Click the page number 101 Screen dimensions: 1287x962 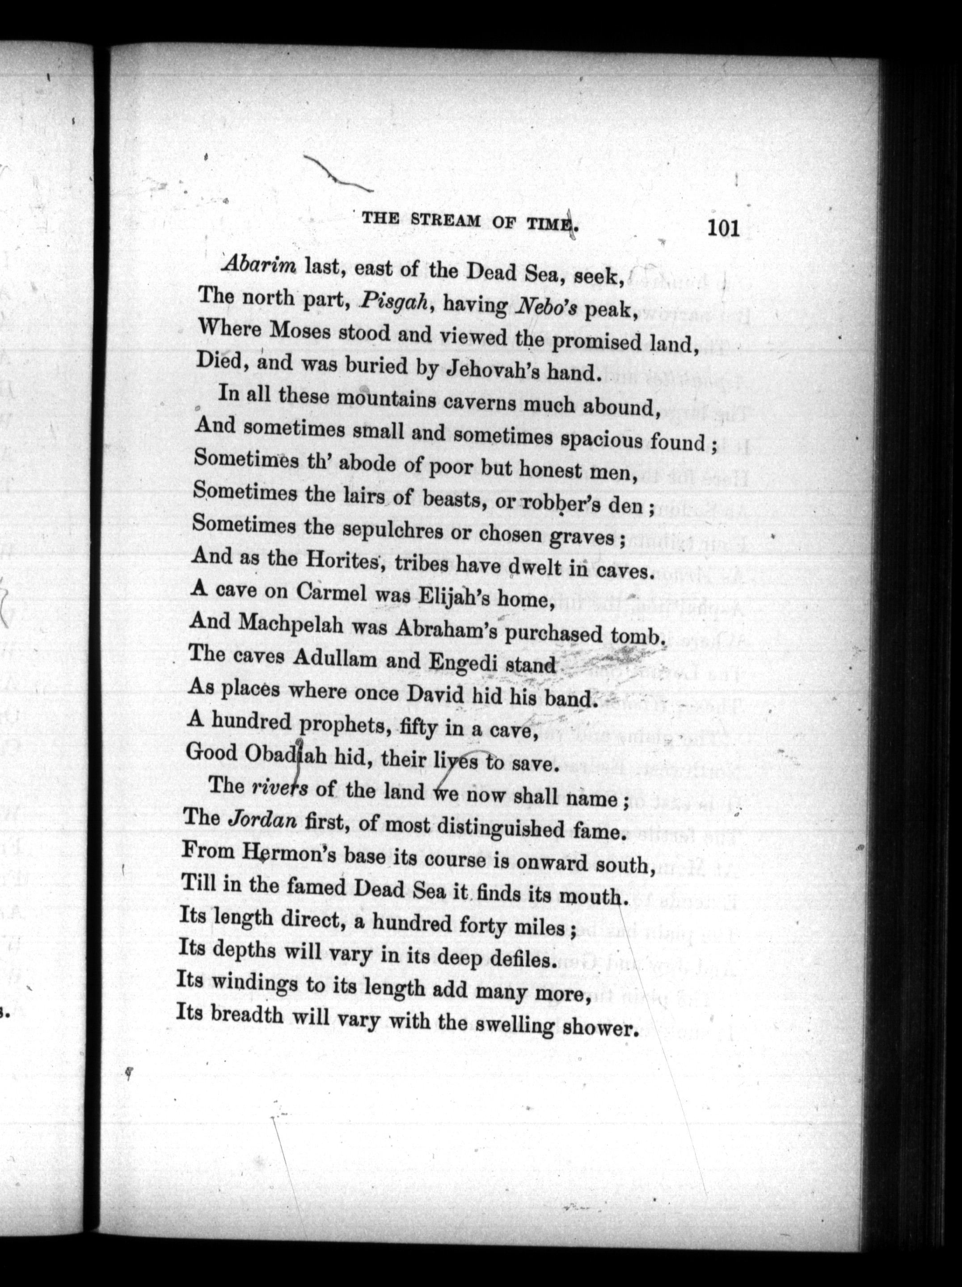[723, 227]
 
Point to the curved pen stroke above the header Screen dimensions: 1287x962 [338, 173]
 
